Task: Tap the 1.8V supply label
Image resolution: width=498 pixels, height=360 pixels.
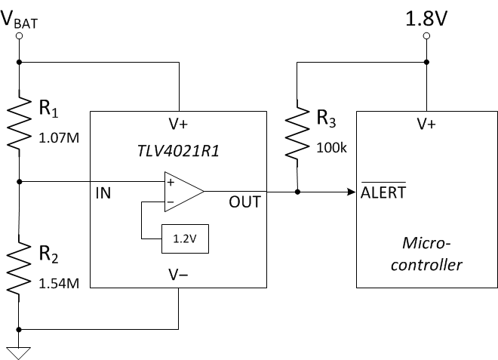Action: pos(426,18)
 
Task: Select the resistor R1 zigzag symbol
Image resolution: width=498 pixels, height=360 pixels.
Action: pos(19,121)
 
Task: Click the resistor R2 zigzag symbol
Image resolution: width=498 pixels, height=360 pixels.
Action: pos(19,266)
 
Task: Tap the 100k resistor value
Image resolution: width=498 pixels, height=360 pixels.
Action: pos(331,148)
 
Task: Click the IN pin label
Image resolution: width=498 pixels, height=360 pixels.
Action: pos(103,194)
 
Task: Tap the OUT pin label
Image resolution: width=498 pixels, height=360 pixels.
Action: pos(245,202)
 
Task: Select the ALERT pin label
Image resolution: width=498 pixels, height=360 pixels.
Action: pos(384,192)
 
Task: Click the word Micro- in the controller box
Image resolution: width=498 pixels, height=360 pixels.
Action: pos(426,244)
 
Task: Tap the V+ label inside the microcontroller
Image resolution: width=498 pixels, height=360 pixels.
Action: pos(426,125)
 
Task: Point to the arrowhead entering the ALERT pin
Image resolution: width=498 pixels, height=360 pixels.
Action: pos(352,192)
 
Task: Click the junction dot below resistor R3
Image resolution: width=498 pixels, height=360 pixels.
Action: pos(297,192)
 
